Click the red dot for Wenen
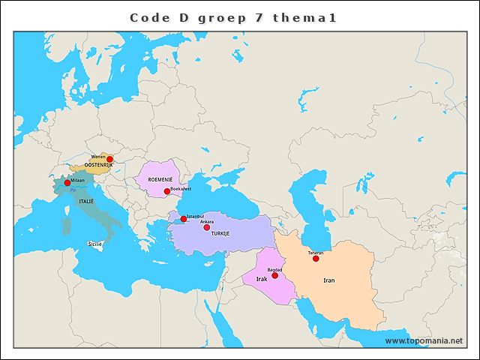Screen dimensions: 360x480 109,159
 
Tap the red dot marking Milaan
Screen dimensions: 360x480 67,183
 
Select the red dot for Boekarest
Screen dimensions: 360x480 166,191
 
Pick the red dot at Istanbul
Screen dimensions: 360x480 184,219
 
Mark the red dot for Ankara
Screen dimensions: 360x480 207,227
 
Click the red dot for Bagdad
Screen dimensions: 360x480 274,275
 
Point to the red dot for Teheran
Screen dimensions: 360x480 316,259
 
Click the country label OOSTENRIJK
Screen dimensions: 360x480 98,165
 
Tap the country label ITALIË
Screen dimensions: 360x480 86,202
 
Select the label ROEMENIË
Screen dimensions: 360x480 160,181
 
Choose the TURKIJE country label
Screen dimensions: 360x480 220,234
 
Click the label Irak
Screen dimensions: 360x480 262,279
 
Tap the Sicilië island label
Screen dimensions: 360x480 95,244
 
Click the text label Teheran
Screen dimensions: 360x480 316,253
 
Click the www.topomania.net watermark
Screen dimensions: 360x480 424,340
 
